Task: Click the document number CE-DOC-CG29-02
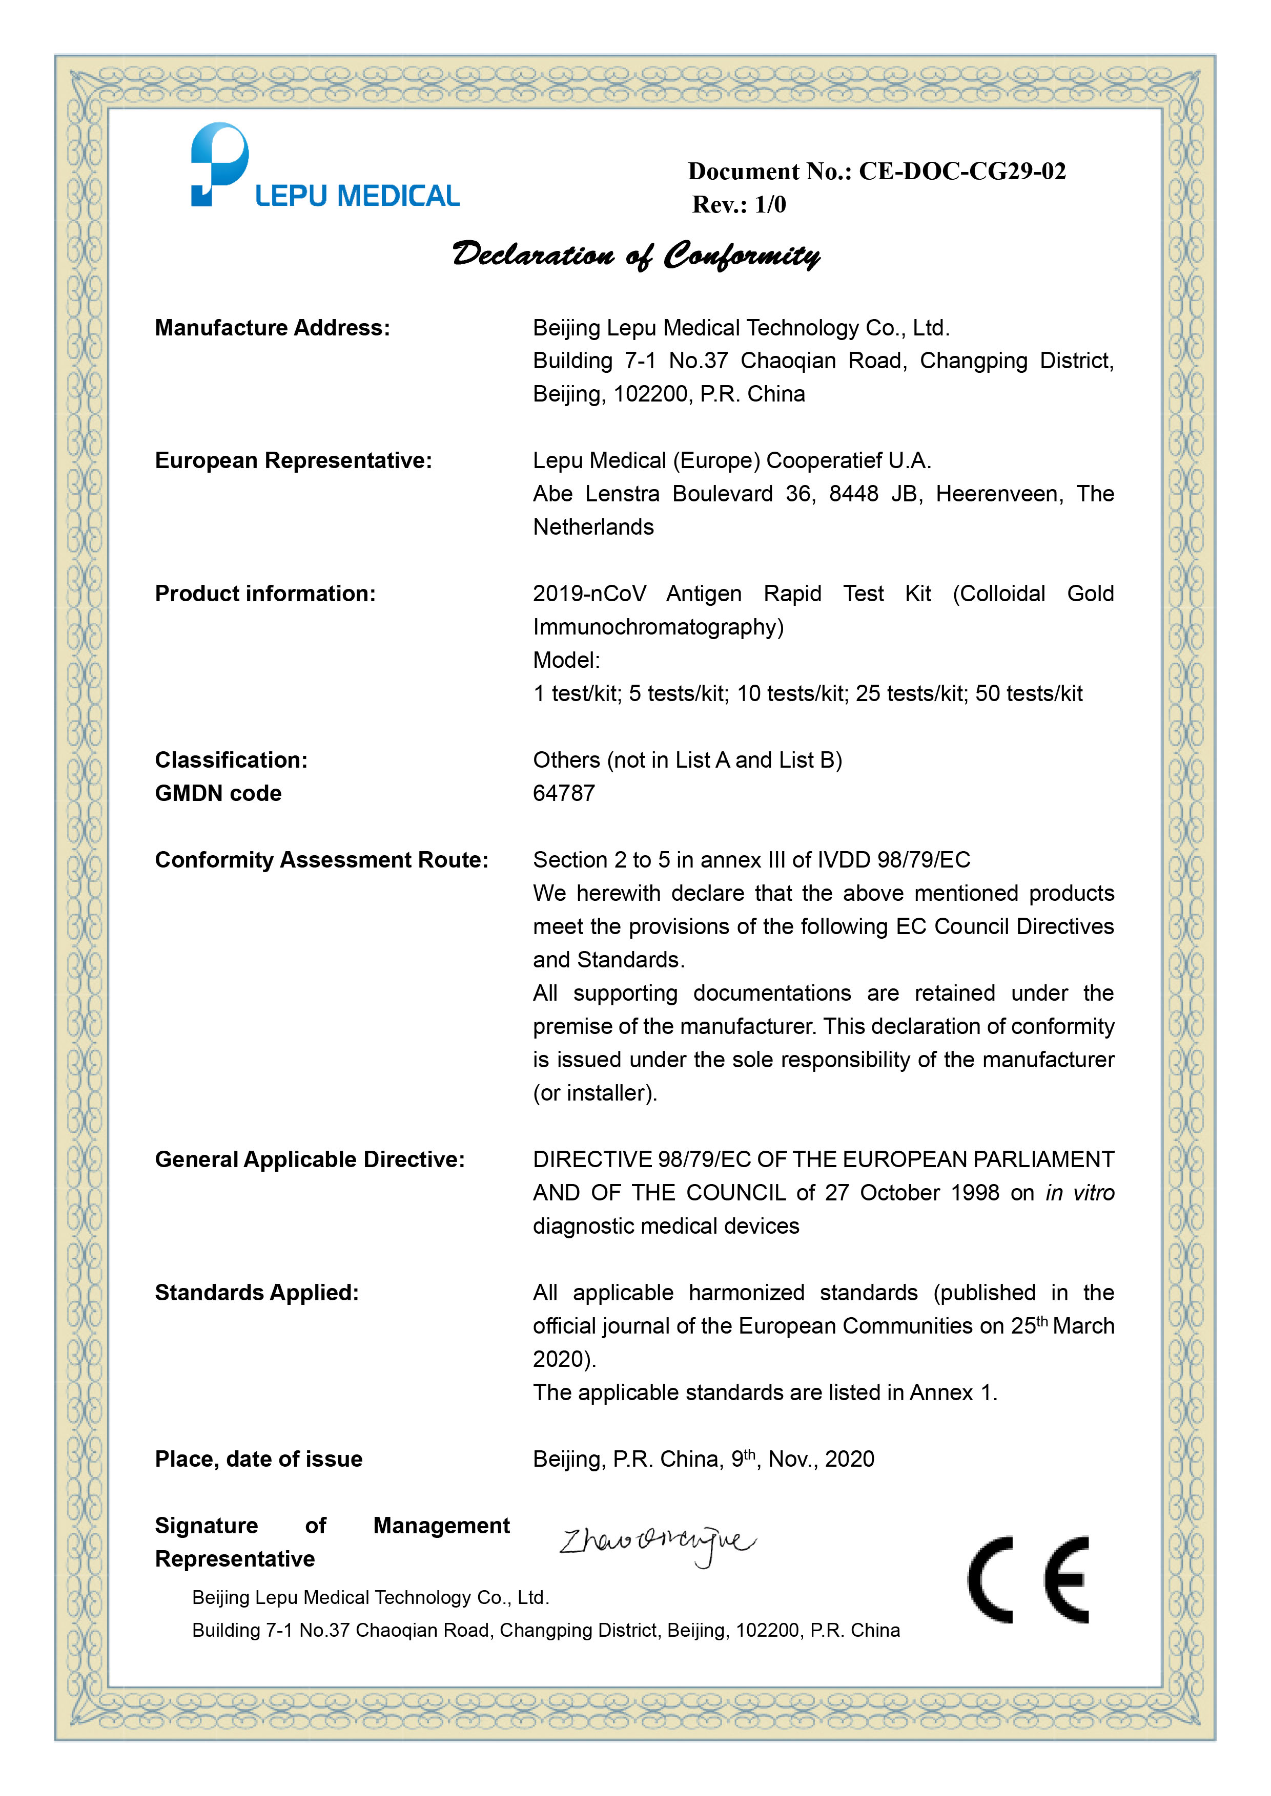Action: tap(962, 172)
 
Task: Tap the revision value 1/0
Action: tap(770, 205)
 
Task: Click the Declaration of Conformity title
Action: tap(635, 255)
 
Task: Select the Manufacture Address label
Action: tap(272, 328)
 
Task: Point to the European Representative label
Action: tap(294, 461)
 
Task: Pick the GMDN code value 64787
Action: tap(564, 793)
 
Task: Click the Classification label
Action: tap(231, 760)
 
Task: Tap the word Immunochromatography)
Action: tap(658, 627)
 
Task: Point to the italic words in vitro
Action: tap(1079, 1193)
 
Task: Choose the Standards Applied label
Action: tap(257, 1293)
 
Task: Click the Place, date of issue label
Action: tap(258, 1460)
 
